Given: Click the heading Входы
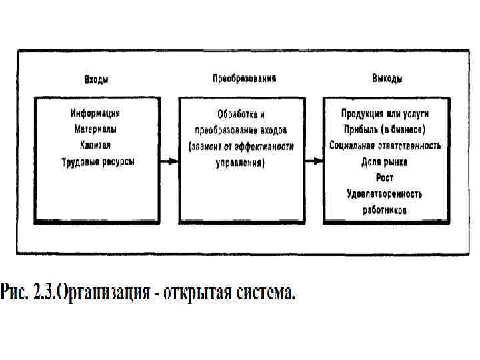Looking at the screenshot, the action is [96, 79].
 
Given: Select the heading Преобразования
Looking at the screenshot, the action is [244, 78].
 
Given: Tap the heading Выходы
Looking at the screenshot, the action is [387, 79].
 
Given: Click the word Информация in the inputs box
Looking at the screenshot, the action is [95, 113].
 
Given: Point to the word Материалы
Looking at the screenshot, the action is [95, 129].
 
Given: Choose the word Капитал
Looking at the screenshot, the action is [95, 145].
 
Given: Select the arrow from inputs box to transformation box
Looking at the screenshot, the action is [169, 161].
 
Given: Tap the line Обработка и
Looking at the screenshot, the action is [241, 114].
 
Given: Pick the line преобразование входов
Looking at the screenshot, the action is [241, 130].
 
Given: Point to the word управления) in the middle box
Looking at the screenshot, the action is [241, 162].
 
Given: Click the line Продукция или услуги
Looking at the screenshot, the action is [385, 113].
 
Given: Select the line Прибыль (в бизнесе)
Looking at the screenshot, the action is [385, 129].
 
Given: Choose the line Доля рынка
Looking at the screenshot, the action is [385, 161].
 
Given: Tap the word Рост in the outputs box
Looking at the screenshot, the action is [385, 177].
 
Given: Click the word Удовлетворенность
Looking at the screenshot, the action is [385, 194].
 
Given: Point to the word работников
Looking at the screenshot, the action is [385, 209].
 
